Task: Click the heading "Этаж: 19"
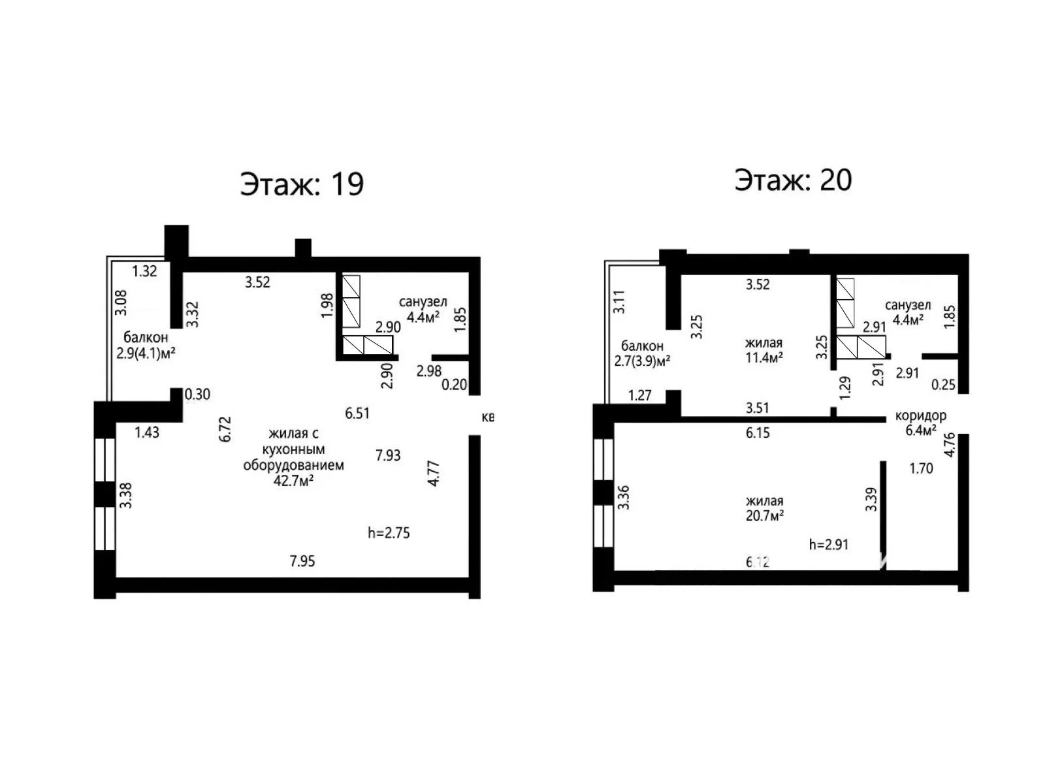(x=302, y=184)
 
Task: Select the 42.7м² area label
(x=293, y=481)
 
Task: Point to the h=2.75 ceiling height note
(x=389, y=532)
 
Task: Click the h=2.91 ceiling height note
(x=828, y=544)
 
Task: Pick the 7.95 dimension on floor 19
(x=302, y=561)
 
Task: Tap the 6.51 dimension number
(x=357, y=413)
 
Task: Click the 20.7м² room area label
(x=765, y=515)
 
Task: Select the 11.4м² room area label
(x=764, y=357)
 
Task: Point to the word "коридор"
(x=921, y=416)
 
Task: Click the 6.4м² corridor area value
(x=921, y=431)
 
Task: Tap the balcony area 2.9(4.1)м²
(x=146, y=353)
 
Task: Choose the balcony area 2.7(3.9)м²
(x=642, y=361)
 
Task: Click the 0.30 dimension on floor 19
(x=197, y=394)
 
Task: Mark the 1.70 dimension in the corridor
(x=921, y=468)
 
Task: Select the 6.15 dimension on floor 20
(x=758, y=433)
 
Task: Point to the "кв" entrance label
(x=488, y=417)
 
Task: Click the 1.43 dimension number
(x=147, y=433)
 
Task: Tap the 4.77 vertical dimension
(x=433, y=473)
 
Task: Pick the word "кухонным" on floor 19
(x=293, y=449)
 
